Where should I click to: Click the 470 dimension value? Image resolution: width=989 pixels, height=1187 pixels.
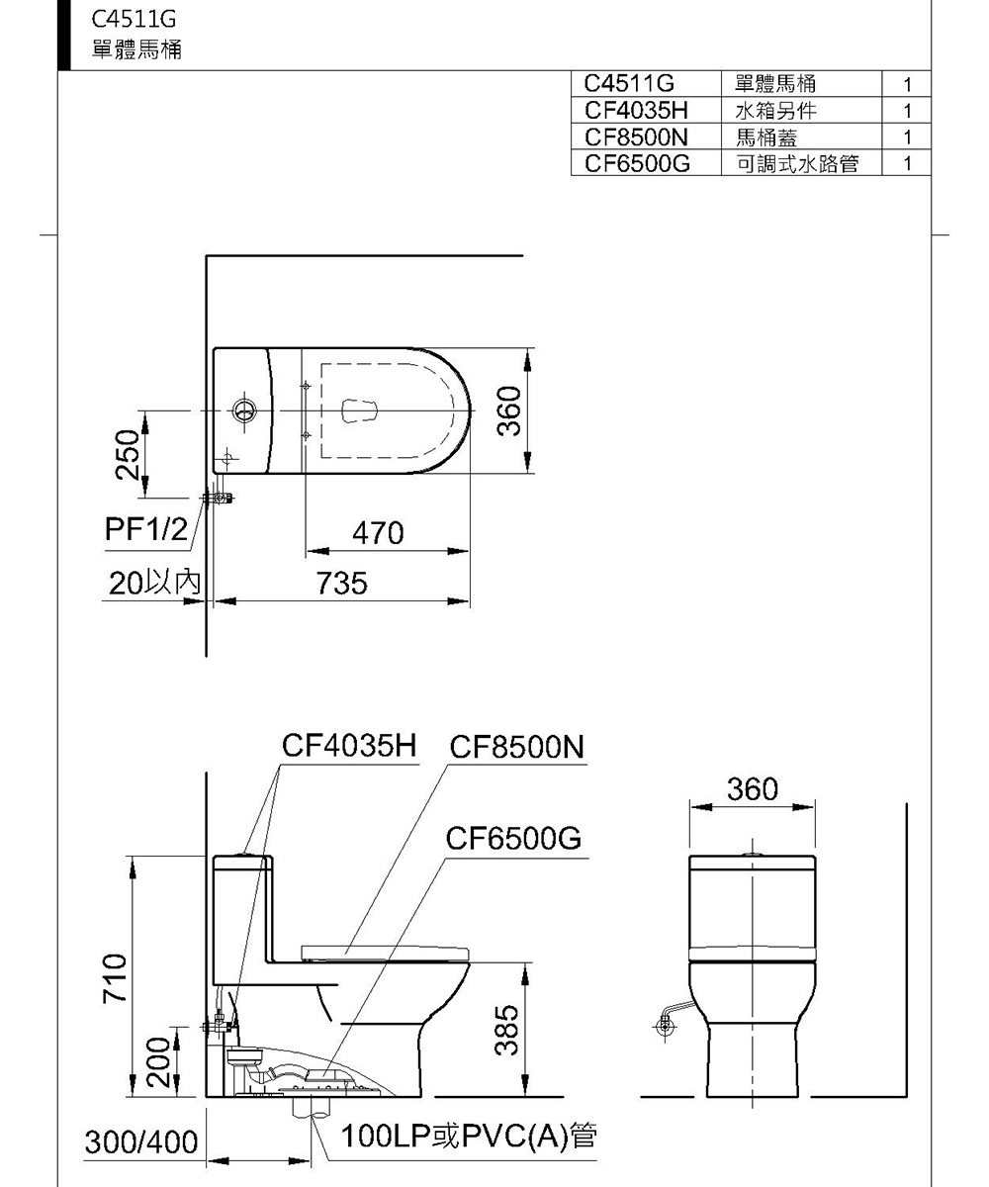(378, 534)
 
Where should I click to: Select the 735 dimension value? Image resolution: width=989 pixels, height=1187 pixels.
(342, 584)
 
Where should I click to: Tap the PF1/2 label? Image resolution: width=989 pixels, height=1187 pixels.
(145, 530)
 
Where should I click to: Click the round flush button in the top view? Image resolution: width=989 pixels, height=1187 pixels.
(242, 410)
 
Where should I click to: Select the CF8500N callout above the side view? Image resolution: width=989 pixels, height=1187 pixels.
(517, 747)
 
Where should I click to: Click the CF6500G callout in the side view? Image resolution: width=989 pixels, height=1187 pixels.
(512, 840)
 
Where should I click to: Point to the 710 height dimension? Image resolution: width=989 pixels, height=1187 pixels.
(116, 977)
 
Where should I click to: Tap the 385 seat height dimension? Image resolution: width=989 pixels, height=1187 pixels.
(506, 1029)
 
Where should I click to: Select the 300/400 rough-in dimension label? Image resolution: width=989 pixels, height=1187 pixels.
(141, 1143)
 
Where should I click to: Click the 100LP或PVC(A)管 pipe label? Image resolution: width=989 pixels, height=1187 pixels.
(469, 1138)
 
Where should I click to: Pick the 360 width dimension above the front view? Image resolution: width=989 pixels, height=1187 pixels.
(752, 788)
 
